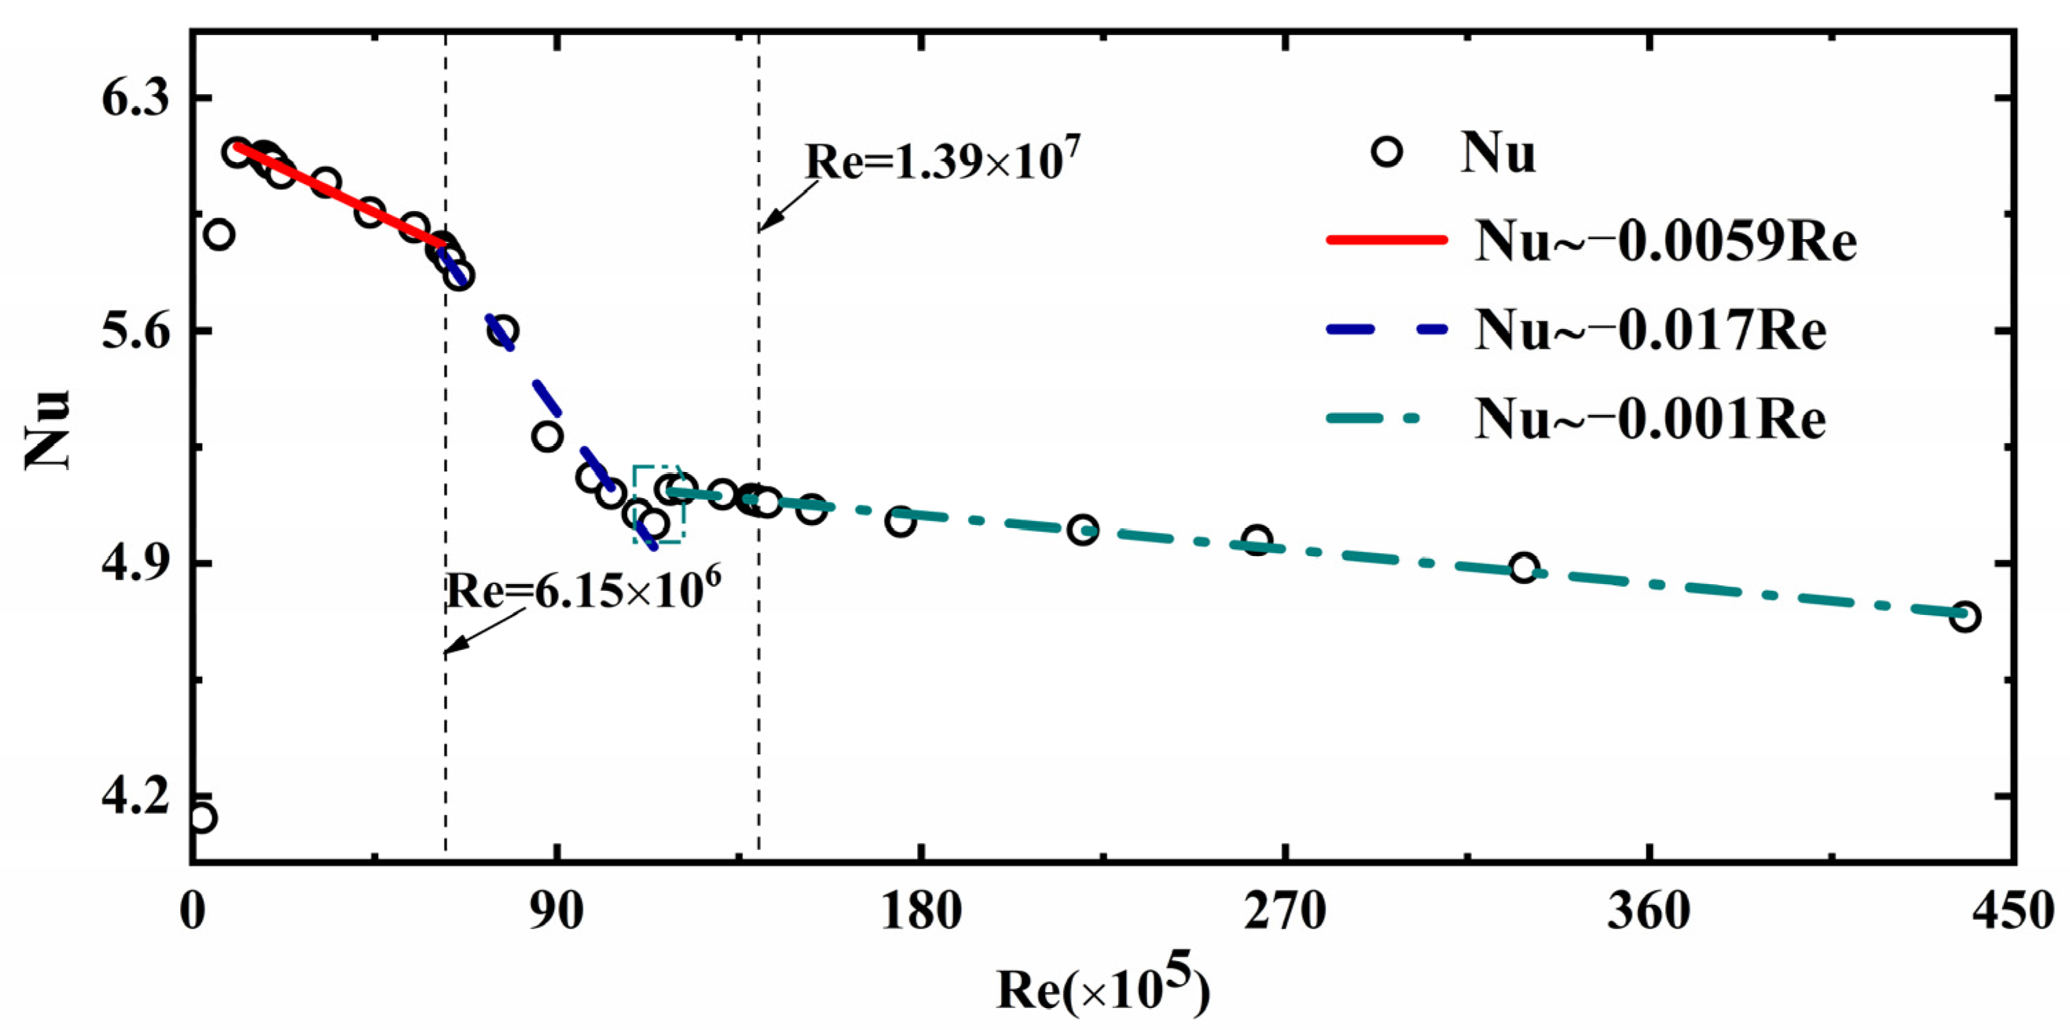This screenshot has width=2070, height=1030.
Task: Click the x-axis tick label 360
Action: click(1649, 913)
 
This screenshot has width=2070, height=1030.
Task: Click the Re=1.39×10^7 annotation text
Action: click(943, 159)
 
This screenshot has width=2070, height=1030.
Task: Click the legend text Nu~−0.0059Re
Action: click(1665, 241)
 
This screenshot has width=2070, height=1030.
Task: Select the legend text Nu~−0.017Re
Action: click(1650, 331)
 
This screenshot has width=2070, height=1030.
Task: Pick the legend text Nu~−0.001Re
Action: click(1650, 419)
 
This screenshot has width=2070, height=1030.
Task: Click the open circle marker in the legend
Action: click(1387, 152)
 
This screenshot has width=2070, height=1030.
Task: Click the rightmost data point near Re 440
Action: click(1964, 617)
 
